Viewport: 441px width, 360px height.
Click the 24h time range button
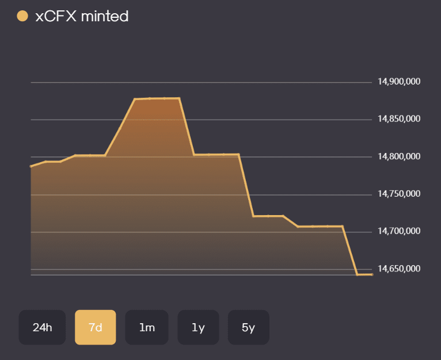(43, 327)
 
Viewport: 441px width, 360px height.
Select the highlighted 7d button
(96, 327)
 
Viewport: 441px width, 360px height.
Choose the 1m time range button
(147, 327)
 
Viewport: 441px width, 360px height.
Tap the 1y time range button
(198, 327)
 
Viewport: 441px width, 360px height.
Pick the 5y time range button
(248, 327)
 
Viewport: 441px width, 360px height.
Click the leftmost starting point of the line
(31, 166)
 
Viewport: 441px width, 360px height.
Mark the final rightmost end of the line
(372, 274)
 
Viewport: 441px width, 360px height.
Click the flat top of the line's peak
(157, 98)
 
